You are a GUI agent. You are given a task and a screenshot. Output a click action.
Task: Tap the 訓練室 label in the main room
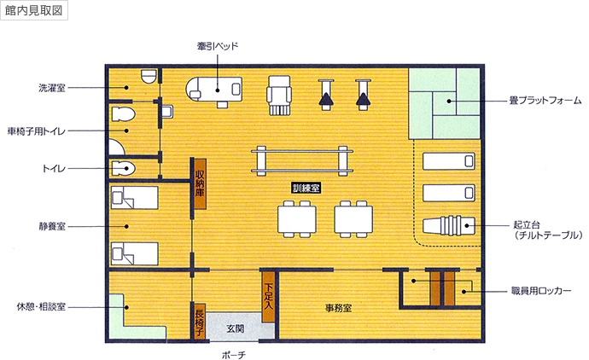(x=306, y=187)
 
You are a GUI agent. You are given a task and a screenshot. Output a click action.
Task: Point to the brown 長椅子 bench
(x=200, y=321)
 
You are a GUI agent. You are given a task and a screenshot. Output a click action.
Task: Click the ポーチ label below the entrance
(x=233, y=351)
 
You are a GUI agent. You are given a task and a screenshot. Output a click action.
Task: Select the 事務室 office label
(x=338, y=306)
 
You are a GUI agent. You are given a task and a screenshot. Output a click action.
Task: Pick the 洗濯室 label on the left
(x=52, y=88)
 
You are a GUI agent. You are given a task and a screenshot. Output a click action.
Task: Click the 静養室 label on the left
(x=52, y=226)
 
